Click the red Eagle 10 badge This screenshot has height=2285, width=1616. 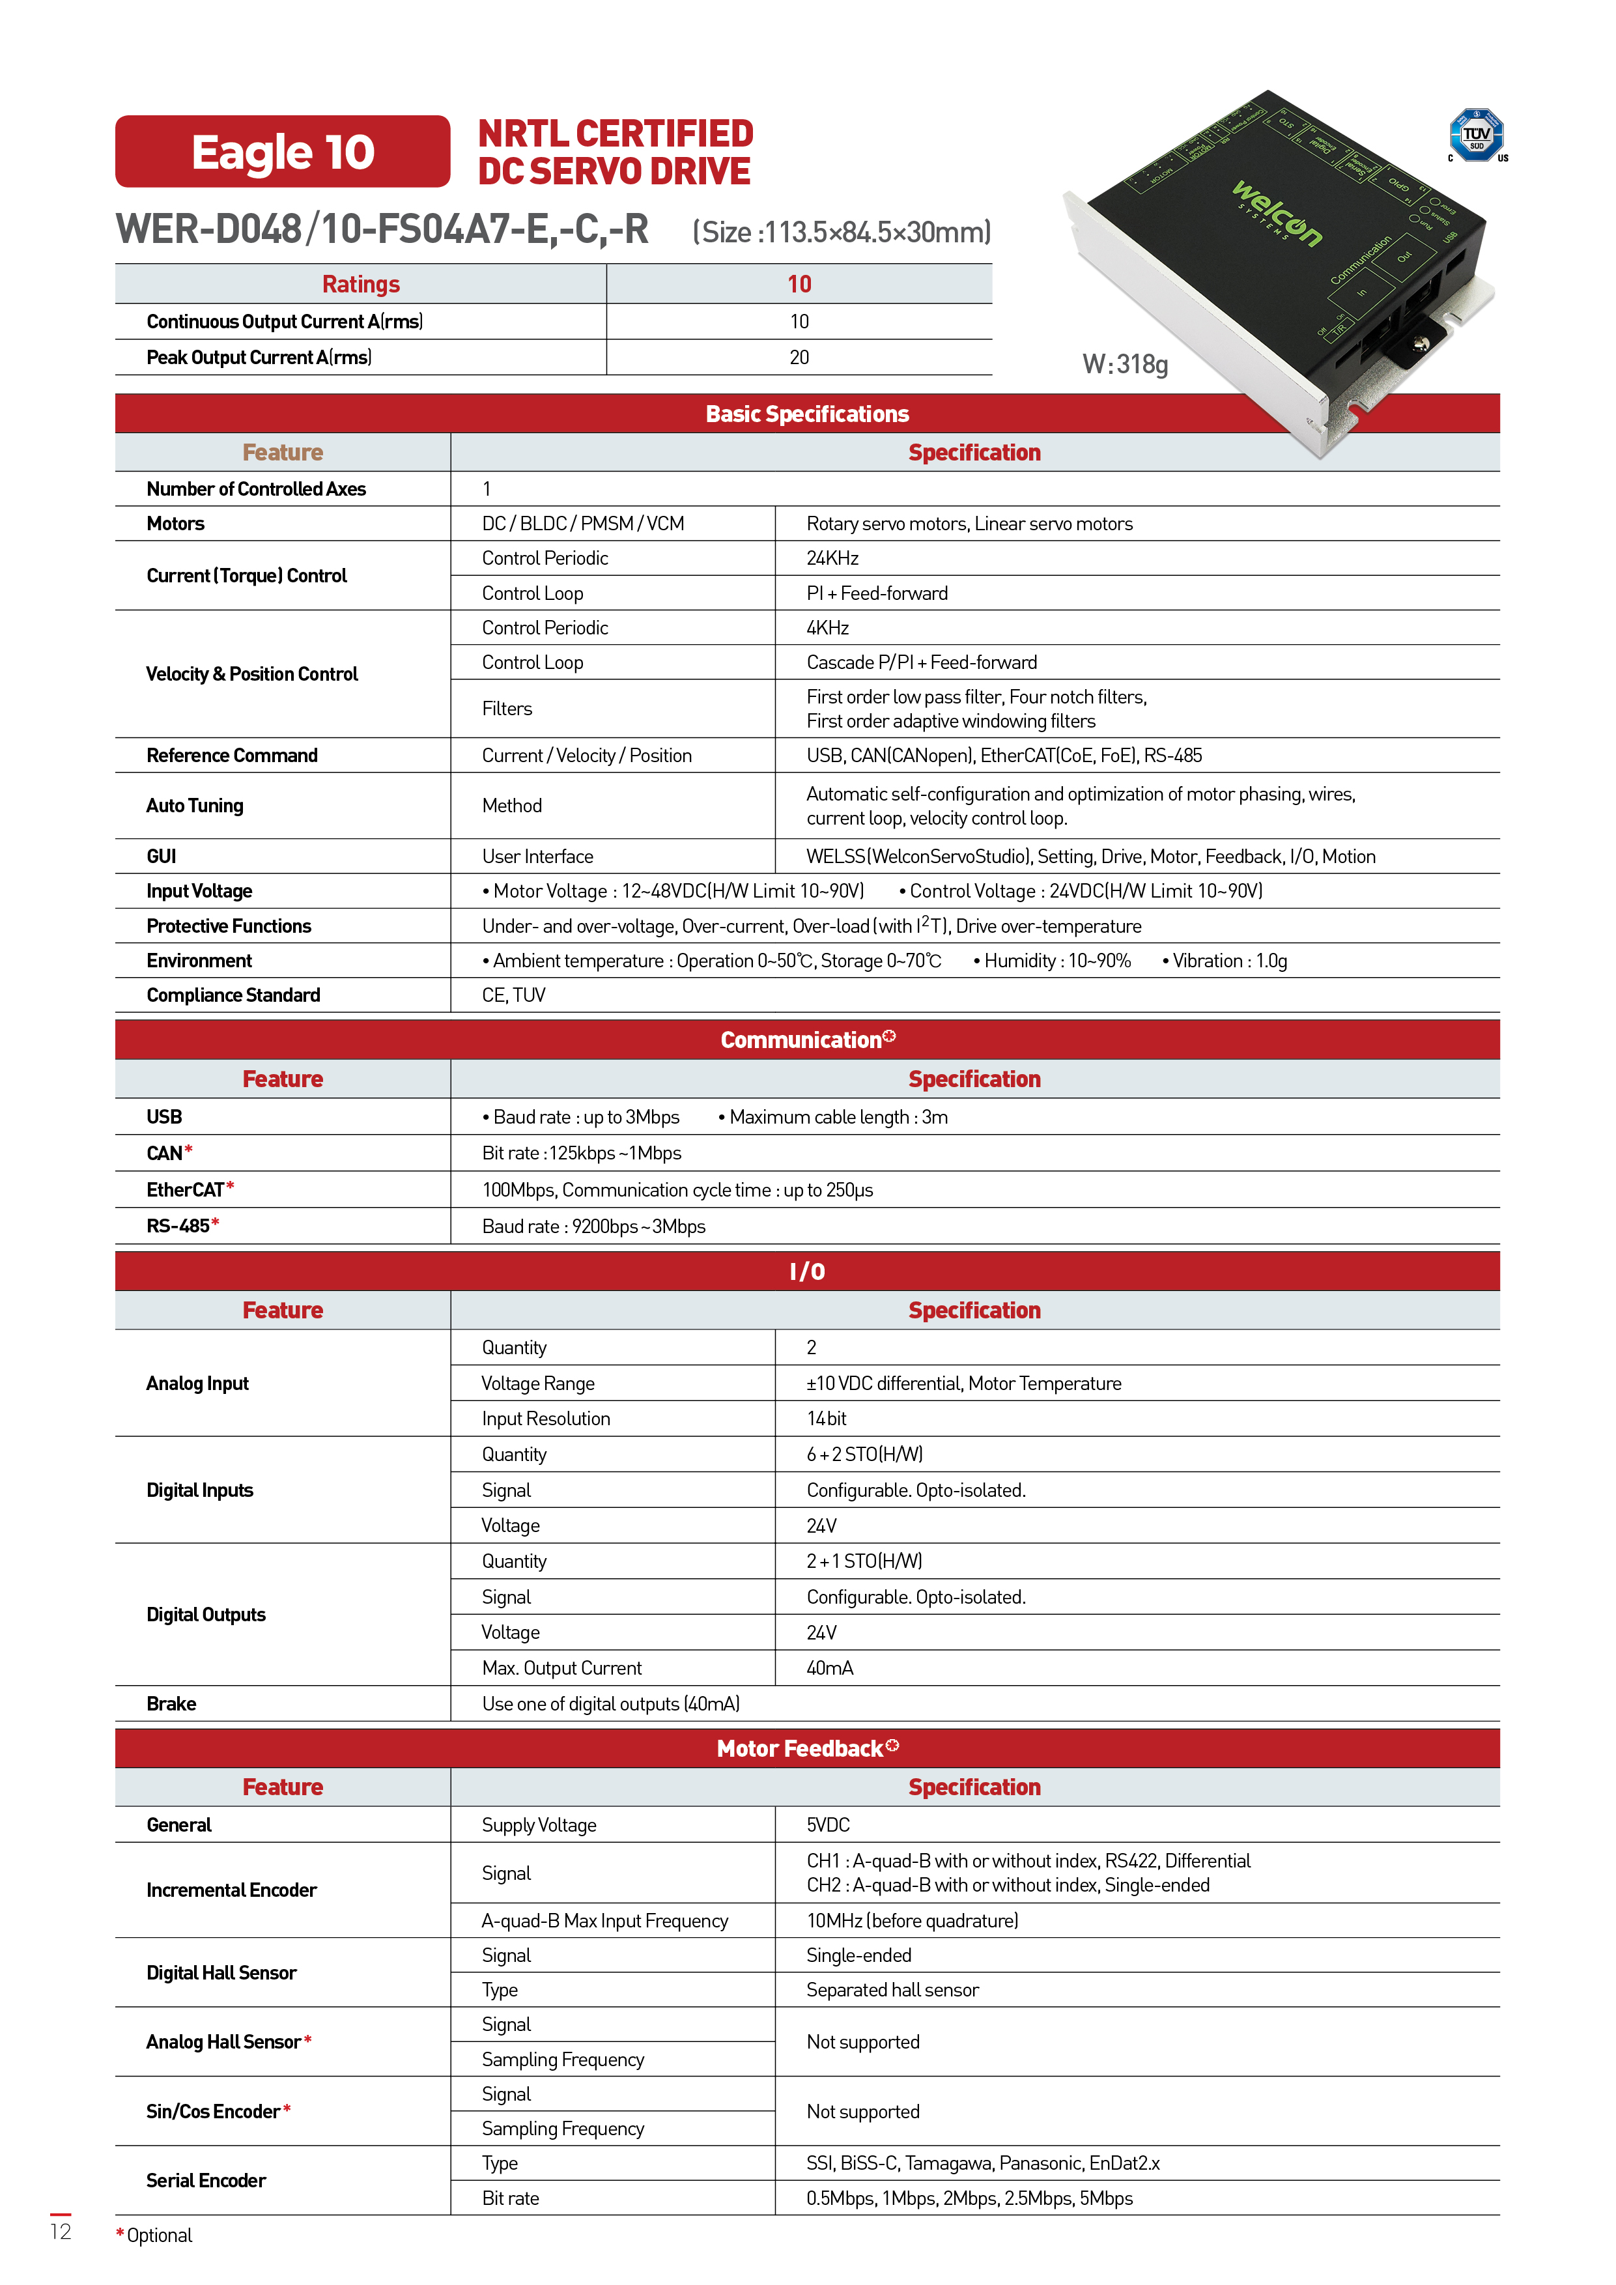point(283,151)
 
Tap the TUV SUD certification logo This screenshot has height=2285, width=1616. point(1477,135)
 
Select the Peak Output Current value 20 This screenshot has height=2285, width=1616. point(799,358)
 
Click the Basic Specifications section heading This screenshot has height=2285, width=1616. point(807,414)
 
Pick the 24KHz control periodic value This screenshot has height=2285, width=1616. point(832,558)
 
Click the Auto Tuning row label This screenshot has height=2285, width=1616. point(195,805)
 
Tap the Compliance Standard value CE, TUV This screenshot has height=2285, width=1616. point(513,995)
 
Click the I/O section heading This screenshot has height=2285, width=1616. point(807,1271)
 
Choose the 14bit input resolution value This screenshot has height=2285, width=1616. point(826,1418)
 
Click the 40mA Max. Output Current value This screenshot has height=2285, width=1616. point(830,1668)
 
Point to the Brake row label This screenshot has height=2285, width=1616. point(171,1704)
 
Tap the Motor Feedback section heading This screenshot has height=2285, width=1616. point(807,1748)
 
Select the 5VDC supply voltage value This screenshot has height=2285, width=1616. point(828,1824)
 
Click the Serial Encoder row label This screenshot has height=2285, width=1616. point(206,2181)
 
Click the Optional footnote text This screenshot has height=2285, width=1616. point(157,2235)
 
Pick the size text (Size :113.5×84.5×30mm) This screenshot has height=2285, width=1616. point(842,232)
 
